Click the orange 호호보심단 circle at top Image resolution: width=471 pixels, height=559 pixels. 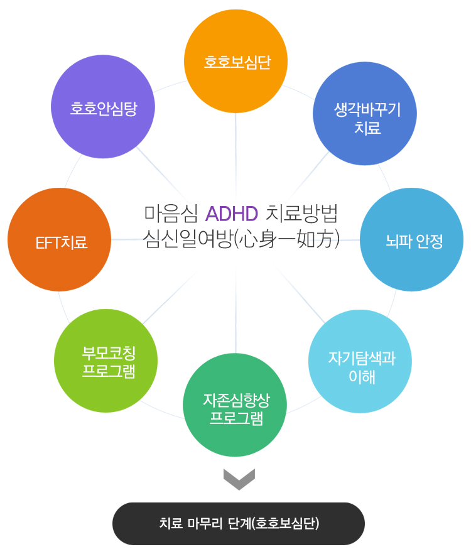235,62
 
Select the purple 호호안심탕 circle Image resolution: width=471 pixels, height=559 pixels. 103,107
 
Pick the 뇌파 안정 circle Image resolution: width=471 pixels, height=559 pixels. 412,240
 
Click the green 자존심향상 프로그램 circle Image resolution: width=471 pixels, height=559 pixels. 235,405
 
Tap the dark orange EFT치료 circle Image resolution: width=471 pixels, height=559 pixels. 59,240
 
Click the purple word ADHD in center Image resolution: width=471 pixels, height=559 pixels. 232,214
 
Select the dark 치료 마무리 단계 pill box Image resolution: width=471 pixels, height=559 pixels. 239,523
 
